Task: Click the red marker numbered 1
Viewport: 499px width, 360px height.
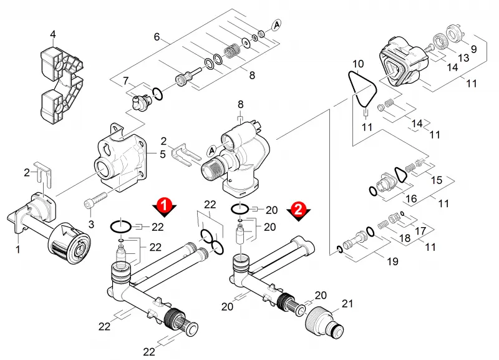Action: click(x=164, y=205)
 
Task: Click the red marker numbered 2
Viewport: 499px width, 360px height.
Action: click(x=299, y=210)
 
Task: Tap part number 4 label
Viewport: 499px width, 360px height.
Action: click(x=53, y=34)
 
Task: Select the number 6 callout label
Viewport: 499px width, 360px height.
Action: click(x=157, y=37)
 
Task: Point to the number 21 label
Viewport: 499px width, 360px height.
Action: click(x=347, y=303)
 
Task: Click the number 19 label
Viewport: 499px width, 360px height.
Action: click(x=392, y=261)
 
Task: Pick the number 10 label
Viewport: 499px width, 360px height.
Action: click(x=358, y=64)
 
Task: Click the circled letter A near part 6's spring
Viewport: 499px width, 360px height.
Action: click(x=276, y=24)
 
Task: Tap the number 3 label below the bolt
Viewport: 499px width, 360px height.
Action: click(x=91, y=224)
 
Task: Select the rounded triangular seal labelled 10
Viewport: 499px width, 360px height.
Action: click(x=362, y=89)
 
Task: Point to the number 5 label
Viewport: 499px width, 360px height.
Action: click(x=163, y=154)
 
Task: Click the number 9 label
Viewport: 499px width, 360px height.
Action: click(x=473, y=49)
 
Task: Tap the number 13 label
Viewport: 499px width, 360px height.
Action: click(x=463, y=57)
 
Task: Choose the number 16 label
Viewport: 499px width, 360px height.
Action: click(x=411, y=198)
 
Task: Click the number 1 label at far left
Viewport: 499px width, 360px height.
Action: click(x=18, y=249)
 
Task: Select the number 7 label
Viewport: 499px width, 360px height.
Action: click(x=126, y=81)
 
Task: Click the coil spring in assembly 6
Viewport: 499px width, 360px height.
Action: click(x=232, y=51)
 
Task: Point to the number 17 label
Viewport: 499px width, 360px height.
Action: click(x=420, y=230)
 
